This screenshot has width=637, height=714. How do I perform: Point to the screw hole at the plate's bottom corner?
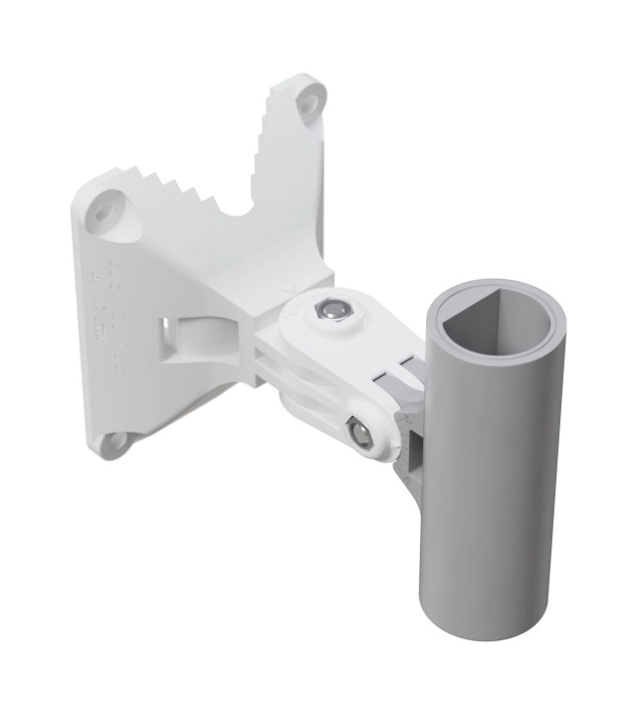(117, 438)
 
